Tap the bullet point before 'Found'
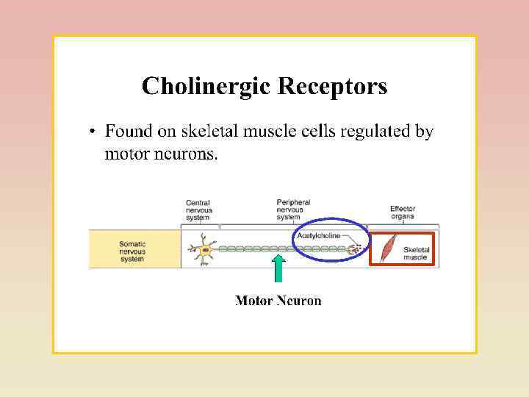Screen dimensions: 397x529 click(x=93, y=132)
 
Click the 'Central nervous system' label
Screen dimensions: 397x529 click(x=199, y=210)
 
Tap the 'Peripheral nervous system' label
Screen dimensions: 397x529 click(x=293, y=210)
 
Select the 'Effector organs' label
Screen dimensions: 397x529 click(x=403, y=212)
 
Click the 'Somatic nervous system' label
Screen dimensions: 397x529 click(x=132, y=251)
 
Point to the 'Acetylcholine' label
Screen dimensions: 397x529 click(x=320, y=236)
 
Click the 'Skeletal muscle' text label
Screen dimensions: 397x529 click(x=416, y=254)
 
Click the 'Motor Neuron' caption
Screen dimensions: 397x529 click(x=278, y=300)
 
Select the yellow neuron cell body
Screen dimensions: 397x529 click(x=206, y=250)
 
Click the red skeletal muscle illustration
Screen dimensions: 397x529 click(x=389, y=248)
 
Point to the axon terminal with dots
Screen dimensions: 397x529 click(x=357, y=249)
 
